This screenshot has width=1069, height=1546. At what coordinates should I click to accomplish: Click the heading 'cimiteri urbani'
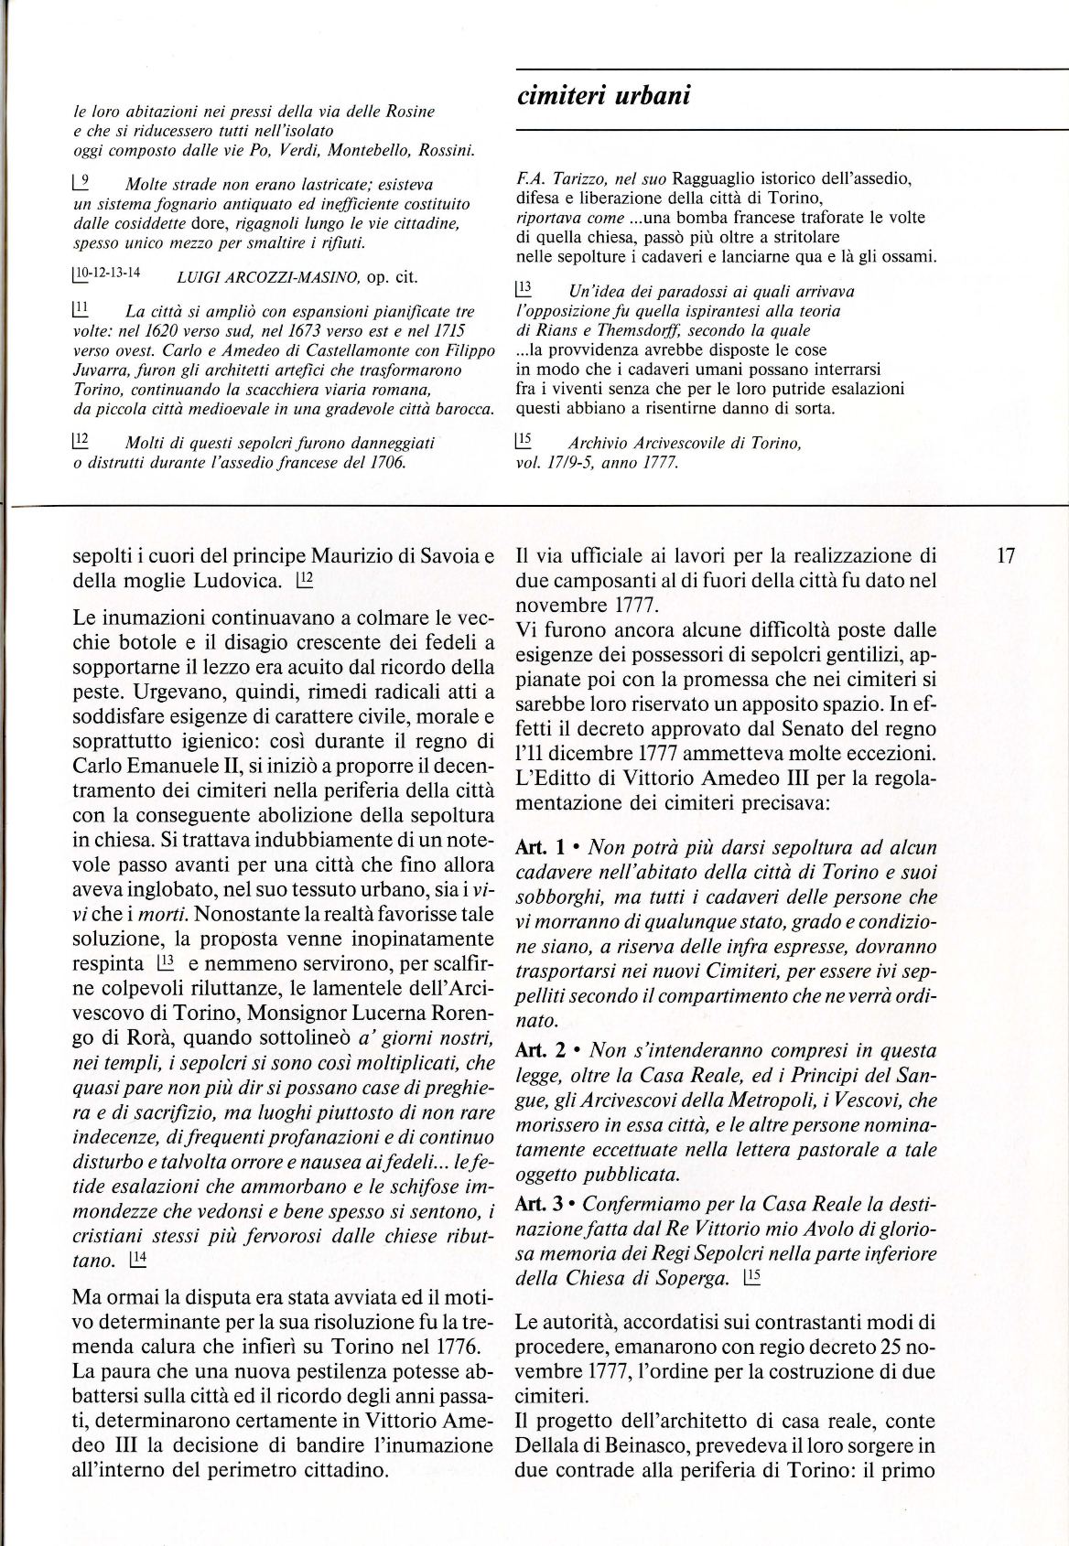603,94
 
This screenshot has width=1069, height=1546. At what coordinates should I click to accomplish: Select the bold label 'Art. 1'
539,848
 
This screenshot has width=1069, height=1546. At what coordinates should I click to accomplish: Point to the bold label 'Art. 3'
539,1205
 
